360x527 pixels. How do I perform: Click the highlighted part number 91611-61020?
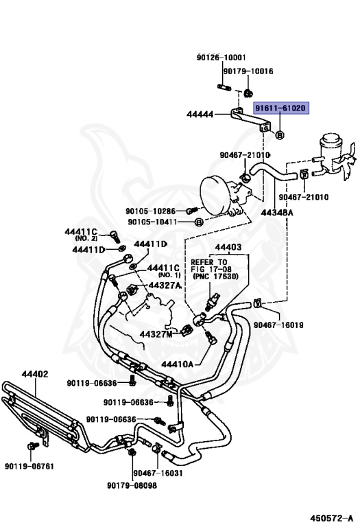tap(280, 108)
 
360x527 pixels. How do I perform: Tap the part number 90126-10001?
tap(221, 58)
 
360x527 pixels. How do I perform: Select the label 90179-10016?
tap(248, 71)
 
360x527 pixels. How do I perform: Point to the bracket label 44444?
tap(200, 115)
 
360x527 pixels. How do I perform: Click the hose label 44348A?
tap(277, 213)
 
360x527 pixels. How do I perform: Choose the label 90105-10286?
tap(150, 211)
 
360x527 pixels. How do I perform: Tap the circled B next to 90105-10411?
tap(199, 222)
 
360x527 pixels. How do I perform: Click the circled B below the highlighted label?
tap(280, 135)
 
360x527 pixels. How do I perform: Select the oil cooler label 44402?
tap(35, 374)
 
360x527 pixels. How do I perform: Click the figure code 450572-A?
tap(331, 518)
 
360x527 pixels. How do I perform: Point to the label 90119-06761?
tap(29, 466)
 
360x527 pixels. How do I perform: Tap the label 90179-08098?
tap(132, 485)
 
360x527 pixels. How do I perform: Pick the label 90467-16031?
tap(158, 473)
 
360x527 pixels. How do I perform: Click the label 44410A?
tap(178, 364)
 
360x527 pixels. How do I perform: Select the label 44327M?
tap(156, 334)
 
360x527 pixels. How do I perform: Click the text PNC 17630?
tap(215, 277)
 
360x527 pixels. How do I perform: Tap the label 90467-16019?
tap(278, 325)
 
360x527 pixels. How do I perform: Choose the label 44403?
tap(228, 247)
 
